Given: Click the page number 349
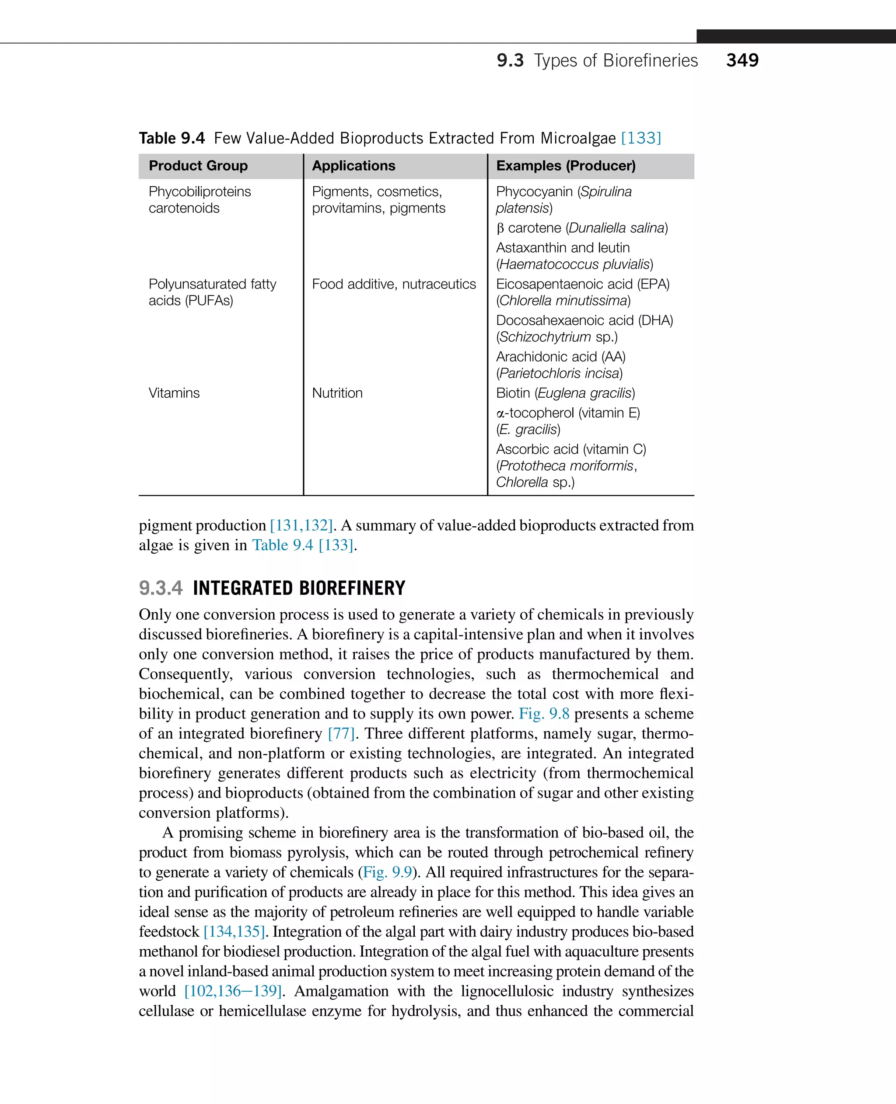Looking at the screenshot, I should point(742,60).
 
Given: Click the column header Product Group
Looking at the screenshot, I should point(198,166).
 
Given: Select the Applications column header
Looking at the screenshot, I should point(353,166).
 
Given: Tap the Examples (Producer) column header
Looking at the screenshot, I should point(566,166).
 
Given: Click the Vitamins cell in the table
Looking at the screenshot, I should point(174,393).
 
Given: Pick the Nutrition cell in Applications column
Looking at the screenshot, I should point(337,393).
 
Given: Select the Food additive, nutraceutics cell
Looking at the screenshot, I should point(394,284).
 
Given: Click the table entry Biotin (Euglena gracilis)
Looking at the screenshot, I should point(565,393).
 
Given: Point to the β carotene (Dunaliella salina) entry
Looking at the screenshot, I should point(582,228).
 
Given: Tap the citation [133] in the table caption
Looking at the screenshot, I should point(640,138).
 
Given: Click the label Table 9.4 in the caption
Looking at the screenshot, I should point(172,138).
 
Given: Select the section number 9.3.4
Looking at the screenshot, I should point(161,588).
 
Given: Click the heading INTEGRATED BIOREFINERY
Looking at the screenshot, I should point(299,588).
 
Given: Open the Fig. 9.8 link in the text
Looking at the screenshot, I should point(543,714).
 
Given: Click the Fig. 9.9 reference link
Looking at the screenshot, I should point(387,872).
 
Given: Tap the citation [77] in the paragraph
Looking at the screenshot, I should point(341,733).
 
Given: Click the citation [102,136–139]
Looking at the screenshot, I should point(233,991).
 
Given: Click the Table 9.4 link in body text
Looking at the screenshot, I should point(282,545).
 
